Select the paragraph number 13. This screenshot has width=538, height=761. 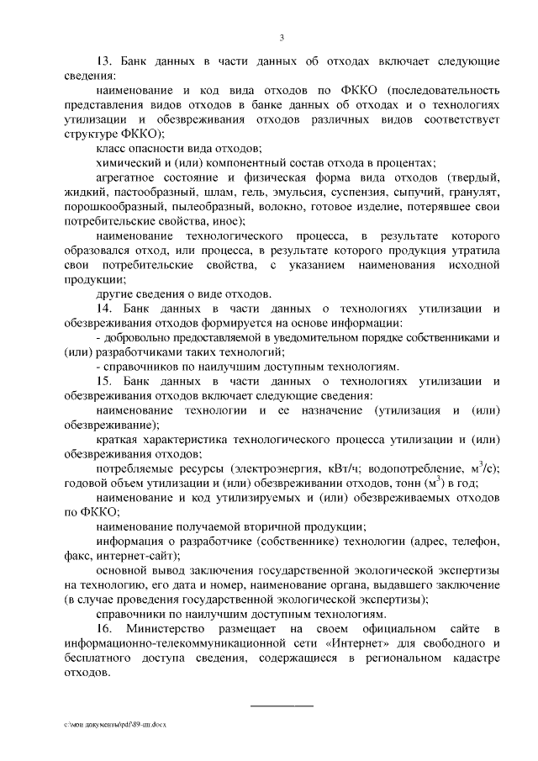click(x=105, y=62)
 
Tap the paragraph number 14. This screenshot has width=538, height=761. click(x=105, y=308)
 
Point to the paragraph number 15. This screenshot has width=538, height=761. click(x=105, y=381)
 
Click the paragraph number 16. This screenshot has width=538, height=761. click(x=105, y=629)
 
